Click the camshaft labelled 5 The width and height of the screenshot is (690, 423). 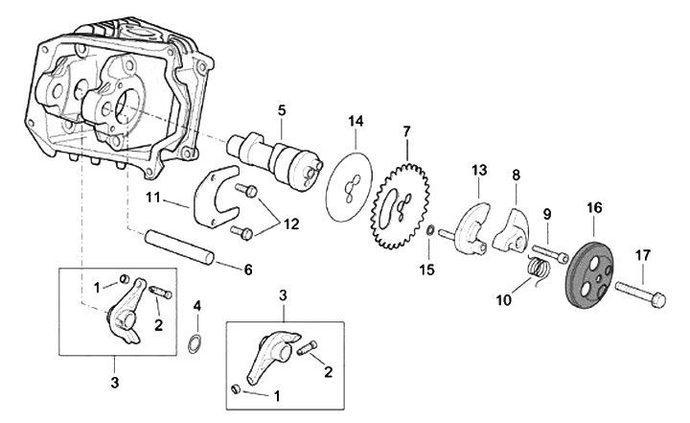tap(272, 158)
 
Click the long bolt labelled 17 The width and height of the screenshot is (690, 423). tap(643, 288)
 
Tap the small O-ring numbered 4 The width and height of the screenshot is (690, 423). tap(195, 343)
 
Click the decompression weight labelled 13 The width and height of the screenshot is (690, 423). tap(473, 224)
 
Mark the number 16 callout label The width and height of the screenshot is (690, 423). tap(594, 207)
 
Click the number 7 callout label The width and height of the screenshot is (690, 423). tap(406, 130)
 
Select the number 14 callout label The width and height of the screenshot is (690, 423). tap(356, 121)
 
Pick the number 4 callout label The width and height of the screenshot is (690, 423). tap(197, 306)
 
